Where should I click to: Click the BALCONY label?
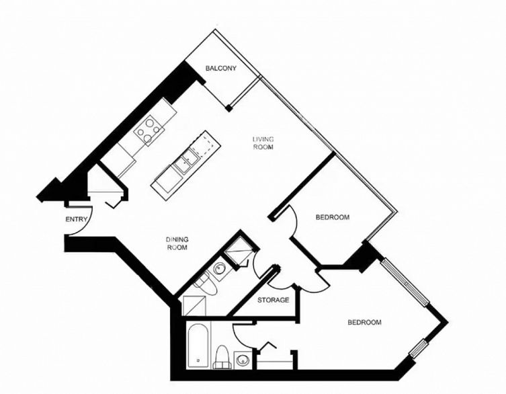220,69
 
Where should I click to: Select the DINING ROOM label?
177,243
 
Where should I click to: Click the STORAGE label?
273,299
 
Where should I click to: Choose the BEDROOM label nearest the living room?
333,217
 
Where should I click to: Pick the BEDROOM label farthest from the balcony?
364,322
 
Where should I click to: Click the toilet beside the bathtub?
222,358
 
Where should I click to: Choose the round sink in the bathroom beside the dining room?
220,270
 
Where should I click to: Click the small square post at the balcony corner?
229,107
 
